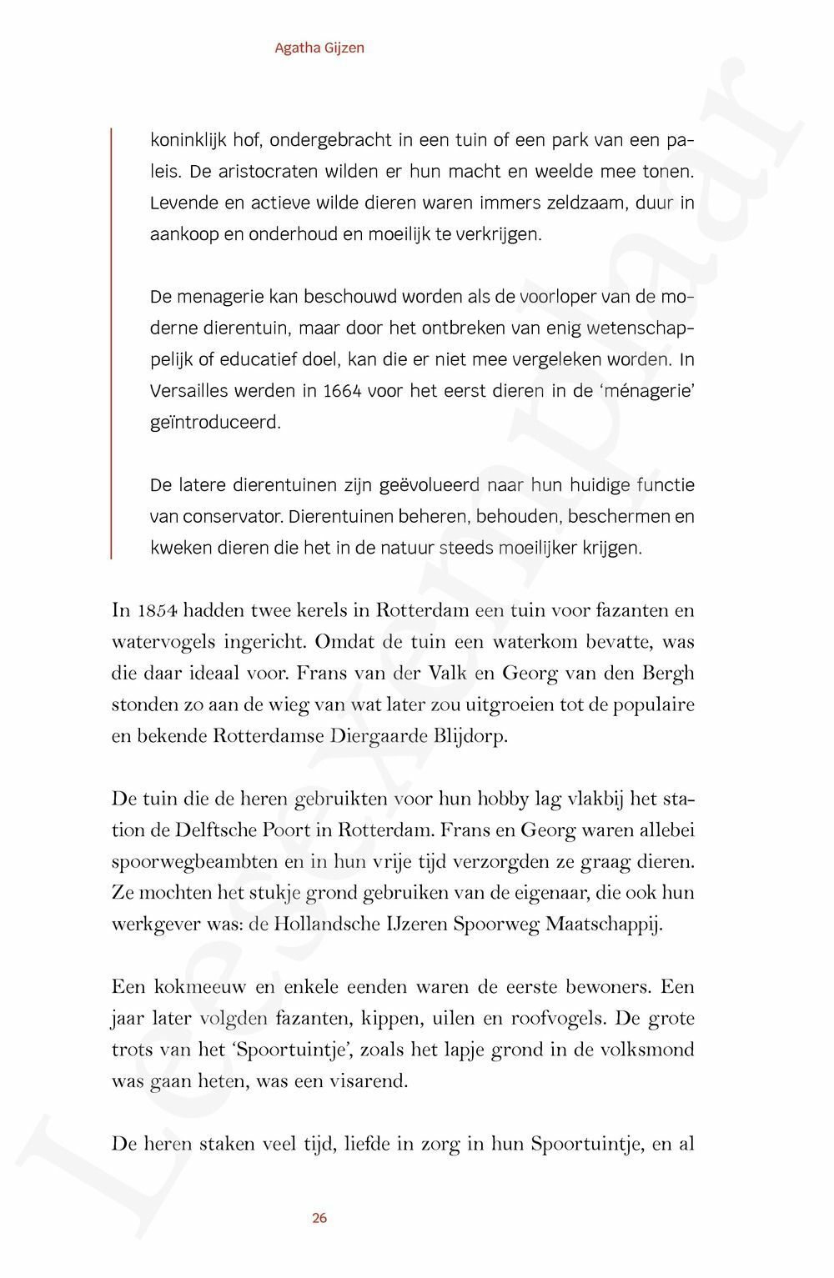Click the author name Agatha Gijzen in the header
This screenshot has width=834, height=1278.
319,48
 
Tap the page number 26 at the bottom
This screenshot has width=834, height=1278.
319,1218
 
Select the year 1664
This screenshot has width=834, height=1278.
342,390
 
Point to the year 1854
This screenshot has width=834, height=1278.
155,610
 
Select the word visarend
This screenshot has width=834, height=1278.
366,1082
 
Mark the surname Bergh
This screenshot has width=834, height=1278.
667,674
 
